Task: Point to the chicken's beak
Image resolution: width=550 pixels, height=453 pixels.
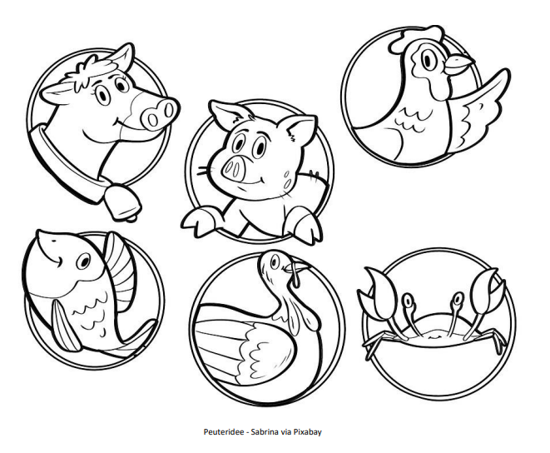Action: tap(458, 65)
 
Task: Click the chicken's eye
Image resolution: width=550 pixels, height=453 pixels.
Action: tap(428, 60)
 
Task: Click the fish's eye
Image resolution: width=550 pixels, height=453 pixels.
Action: tap(83, 261)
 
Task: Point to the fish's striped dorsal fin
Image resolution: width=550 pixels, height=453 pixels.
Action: tap(121, 271)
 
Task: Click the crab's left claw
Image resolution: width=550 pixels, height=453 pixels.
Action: tap(379, 293)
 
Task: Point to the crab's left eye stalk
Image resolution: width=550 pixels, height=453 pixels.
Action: tap(410, 316)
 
